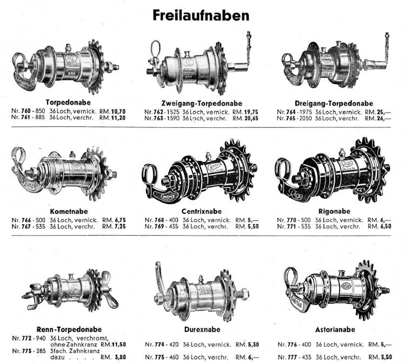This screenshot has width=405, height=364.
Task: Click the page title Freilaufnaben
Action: click(x=201, y=16)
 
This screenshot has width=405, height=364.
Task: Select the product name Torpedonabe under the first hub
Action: click(x=68, y=102)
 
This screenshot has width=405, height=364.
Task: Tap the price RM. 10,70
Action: click(x=112, y=112)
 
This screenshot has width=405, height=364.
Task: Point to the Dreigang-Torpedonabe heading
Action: click(x=334, y=103)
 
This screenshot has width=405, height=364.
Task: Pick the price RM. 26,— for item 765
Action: click(x=378, y=119)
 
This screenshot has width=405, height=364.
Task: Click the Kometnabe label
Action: click(x=69, y=211)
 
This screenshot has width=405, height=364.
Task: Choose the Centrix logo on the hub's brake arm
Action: click(x=168, y=197)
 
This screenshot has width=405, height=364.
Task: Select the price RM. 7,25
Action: click(x=114, y=226)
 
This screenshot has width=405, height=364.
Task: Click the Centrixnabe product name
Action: click(x=202, y=211)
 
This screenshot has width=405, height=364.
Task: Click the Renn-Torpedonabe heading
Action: click(x=69, y=329)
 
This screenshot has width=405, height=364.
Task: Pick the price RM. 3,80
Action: click(x=113, y=357)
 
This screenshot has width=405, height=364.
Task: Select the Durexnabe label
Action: click(x=202, y=329)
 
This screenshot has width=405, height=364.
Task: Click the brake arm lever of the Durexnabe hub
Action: click(x=160, y=279)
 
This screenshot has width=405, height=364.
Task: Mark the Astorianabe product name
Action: click(x=335, y=329)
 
